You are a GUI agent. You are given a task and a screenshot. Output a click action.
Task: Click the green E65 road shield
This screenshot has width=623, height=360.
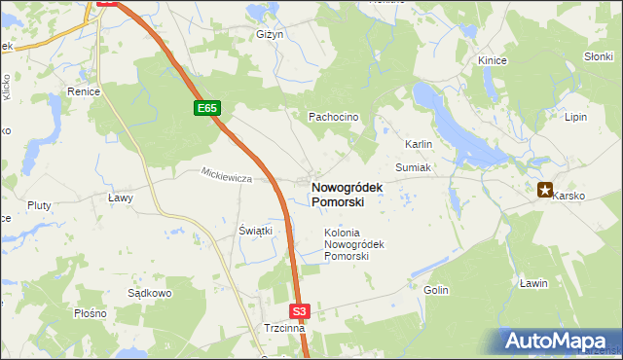click(x=206, y=109)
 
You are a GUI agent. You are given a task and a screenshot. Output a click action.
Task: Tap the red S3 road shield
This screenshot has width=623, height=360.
click(x=300, y=311)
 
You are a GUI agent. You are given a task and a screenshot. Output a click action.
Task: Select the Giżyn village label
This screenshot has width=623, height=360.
click(x=269, y=34)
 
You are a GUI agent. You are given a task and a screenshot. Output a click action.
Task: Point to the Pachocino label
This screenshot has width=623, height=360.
click(x=334, y=117)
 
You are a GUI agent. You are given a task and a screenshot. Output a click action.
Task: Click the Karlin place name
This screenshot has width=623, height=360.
click(x=419, y=144)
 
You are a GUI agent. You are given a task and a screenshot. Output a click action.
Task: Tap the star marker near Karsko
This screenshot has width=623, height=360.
click(x=545, y=190)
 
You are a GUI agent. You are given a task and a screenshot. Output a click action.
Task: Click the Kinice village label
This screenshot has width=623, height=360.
click(x=492, y=60)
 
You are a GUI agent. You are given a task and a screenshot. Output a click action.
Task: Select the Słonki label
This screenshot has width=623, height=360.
click(x=598, y=56)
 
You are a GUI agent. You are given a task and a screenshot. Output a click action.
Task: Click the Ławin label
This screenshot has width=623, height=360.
click(x=533, y=283)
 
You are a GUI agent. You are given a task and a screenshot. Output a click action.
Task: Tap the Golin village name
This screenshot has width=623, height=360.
click(x=435, y=290)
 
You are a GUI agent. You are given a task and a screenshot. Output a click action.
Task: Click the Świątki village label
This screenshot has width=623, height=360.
click(x=255, y=231)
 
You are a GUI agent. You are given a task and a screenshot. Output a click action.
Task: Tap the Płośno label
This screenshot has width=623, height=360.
click(x=90, y=314)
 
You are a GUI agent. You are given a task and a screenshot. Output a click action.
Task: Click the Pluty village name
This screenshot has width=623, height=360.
click(x=39, y=205)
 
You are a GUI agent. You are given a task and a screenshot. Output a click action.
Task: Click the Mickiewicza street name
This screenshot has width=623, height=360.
click(x=227, y=178)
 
